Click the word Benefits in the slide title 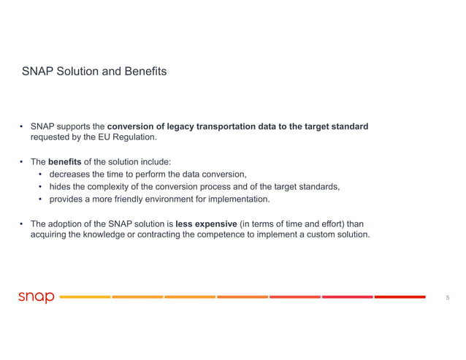click(145, 72)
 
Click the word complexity click(110, 186)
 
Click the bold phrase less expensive click(207, 223)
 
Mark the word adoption click(68, 223)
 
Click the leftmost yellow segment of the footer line click(84, 296)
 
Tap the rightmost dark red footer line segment click(400, 296)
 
